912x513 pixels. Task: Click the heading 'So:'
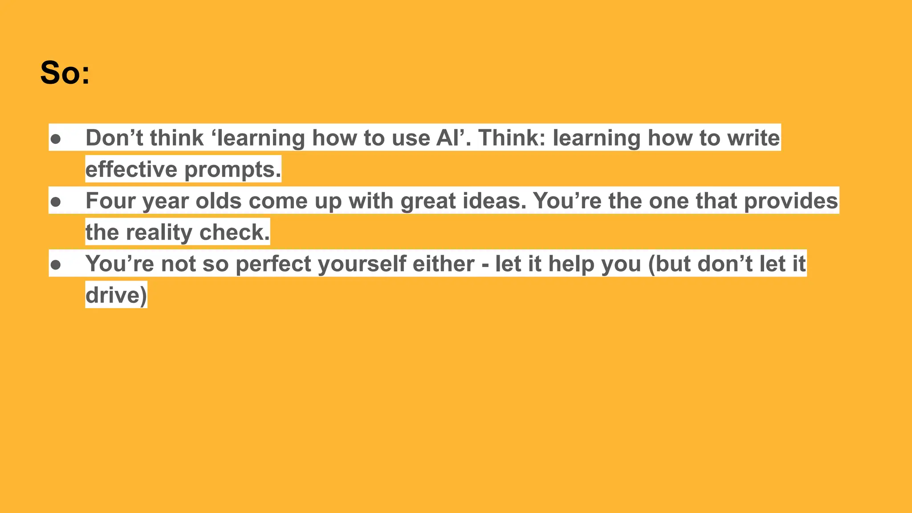pyautogui.click(x=65, y=73)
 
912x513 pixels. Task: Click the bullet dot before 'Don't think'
pyautogui.click(x=56, y=139)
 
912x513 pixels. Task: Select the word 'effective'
pyautogui.click(x=131, y=169)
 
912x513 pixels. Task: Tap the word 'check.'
pyautogui.click(x=235, y=232)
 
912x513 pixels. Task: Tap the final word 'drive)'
pyautogui.click(x=116, y=295)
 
